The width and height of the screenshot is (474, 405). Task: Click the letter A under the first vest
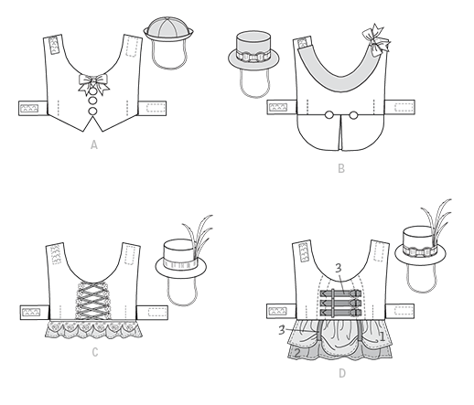[94, 144]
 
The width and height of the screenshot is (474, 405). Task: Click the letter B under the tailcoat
[341, 168]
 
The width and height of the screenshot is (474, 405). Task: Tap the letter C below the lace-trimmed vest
[95, 352]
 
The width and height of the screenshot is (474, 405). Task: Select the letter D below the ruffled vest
[342, 373]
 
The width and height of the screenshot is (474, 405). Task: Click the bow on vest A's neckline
[93, 83]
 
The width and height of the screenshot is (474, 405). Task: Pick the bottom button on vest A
[93, 111]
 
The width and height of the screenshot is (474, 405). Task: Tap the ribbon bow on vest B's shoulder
[376, 40]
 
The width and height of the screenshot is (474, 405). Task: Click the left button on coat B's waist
[329, 115]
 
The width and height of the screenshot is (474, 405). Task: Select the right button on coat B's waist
[353, 115]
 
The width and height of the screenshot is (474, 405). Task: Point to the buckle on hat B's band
[253, 58]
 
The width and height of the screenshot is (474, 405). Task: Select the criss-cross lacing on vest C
[92, 300]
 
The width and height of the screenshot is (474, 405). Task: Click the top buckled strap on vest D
[340, 293]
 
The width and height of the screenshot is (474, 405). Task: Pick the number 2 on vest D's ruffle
[297, 353]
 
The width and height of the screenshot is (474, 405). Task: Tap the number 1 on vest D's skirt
[382, 336]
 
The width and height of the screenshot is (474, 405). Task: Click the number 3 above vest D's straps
[339, 268]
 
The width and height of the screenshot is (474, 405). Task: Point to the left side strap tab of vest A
[33, 108]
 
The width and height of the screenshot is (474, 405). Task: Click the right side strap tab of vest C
[152, 313]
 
